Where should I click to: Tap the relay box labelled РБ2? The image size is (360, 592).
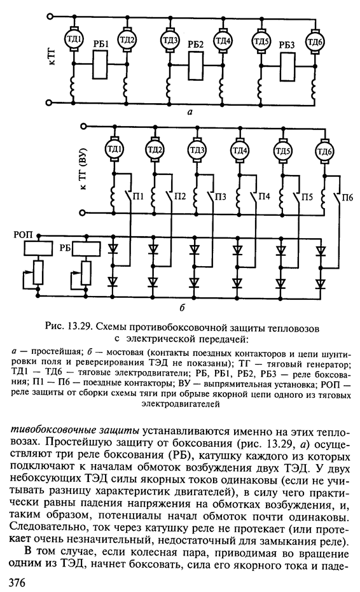click(196, 64)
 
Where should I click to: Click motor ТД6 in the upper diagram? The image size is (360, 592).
click(314, 41)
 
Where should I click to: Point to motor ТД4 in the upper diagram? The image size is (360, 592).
click(223, 41)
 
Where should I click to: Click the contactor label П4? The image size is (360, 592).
click(265, 195)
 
